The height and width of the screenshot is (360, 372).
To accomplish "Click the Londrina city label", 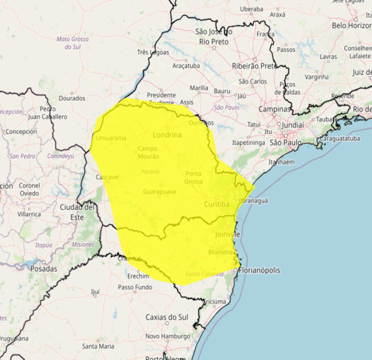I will click(x=167, y=135).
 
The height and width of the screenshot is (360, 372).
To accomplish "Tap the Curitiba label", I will click(x=217, y=204).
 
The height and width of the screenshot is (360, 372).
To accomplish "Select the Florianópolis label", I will click(x=259, y=270).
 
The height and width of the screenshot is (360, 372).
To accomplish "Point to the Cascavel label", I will click(x=108, y=177).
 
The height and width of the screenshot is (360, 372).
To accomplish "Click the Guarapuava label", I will click(x=159, y=191).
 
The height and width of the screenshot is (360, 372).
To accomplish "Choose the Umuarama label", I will click(x=111, y=138).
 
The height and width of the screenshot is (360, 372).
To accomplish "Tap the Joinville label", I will click(x=228, y=234).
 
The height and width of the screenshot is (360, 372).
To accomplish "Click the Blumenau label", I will click(x=220, y=252).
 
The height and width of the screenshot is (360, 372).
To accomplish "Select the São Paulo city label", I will click(x=286, y=143).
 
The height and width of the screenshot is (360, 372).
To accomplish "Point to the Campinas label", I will click(x=275, y=109).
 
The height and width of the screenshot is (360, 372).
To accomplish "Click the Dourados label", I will click(x=72, y=98).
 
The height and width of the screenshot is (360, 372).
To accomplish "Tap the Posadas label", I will click(x=44, y=269).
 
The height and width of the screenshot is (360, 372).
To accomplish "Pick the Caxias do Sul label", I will click(x=167, y=317).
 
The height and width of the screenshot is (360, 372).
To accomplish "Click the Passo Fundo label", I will click(x=135, y=287).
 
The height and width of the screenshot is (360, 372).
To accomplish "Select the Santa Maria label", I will click(x=97, y=346).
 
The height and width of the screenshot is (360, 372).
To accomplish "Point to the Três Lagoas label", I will click(x=153, y=52).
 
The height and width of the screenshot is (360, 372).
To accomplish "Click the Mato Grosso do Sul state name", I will click(x=73, y=43).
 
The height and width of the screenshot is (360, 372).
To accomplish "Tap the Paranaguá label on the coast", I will click(x=254, y=200).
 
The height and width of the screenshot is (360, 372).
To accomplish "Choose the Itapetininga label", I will click(x=249, y=143).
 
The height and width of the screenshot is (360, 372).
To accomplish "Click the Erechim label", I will click(x=138, y=276).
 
